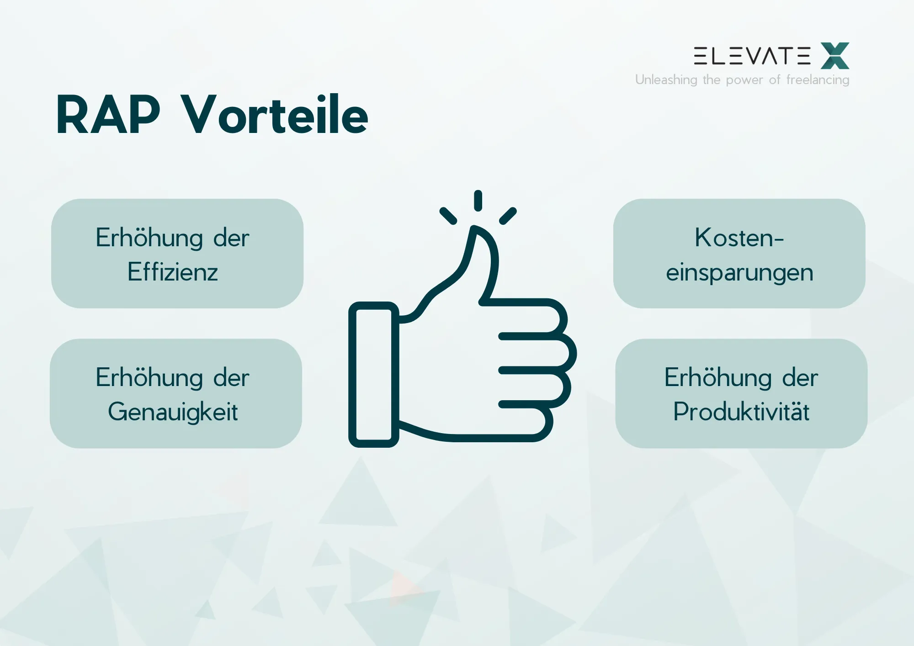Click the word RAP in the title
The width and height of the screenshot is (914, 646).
pyautogui.click(x=108, y=115)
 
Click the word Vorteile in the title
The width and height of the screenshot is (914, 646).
pyautogui.click(x=274, y=115)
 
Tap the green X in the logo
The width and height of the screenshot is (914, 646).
pyautogui.click(x=835, y=56)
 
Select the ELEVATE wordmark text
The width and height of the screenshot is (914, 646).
pyautogui.click(x=752, y=56)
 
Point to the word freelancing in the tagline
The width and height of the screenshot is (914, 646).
pyautogui.click(x=818, y=80)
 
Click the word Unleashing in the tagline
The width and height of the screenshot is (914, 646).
pyautogui.click(x=666, y=80)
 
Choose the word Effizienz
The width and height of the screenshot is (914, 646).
pyautogui.click(x=173, y=272)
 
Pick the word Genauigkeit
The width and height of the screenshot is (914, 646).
pyautogui.click(x=173, y=412)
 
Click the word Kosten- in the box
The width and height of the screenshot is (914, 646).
pyautogui.click(x=739, y=238)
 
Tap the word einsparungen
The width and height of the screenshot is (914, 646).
pyautogui.click(x=739, y=273)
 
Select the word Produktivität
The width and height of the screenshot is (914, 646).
pyautogui.click(x=741, y=412)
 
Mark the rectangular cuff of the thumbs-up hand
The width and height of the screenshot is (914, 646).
pyautogui.click(x=373, y=375)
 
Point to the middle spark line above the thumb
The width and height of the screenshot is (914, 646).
pyautogui.click(x=478, y=201)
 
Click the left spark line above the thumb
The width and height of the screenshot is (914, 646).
pyautogui.click(x=448, y=216)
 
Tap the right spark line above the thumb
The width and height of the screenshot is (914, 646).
pyautogui.click(x=508, y=216)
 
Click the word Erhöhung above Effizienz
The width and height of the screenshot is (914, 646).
pyautogui.click(x=149, y=238)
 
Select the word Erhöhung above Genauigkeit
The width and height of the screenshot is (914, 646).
pyautogui.click(x=149, y=378)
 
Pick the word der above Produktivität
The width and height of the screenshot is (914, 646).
pyautogui.click(x=800, y=378)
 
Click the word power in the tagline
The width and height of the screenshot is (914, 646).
pyautogui.click(x=744, y=80)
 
